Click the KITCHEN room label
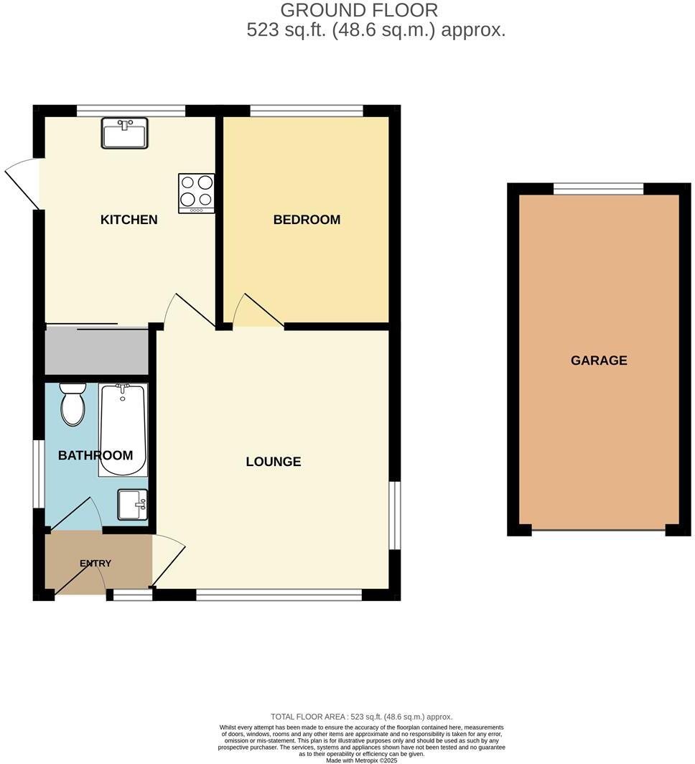[129, 220]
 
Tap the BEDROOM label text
[307, 220]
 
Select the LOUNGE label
[273, 462]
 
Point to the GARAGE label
[599, 360]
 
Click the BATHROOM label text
[95, 455]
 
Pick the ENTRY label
[95, 564]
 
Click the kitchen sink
[124, 133]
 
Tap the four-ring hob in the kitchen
[196, 192]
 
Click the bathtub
[123, 429]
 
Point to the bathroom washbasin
[133, 504]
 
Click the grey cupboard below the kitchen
[96, 350]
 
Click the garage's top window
[598, 189]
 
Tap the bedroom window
[307, 111]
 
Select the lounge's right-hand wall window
[394, 515]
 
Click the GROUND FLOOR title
[358, 10]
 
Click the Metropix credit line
[361, 760]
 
